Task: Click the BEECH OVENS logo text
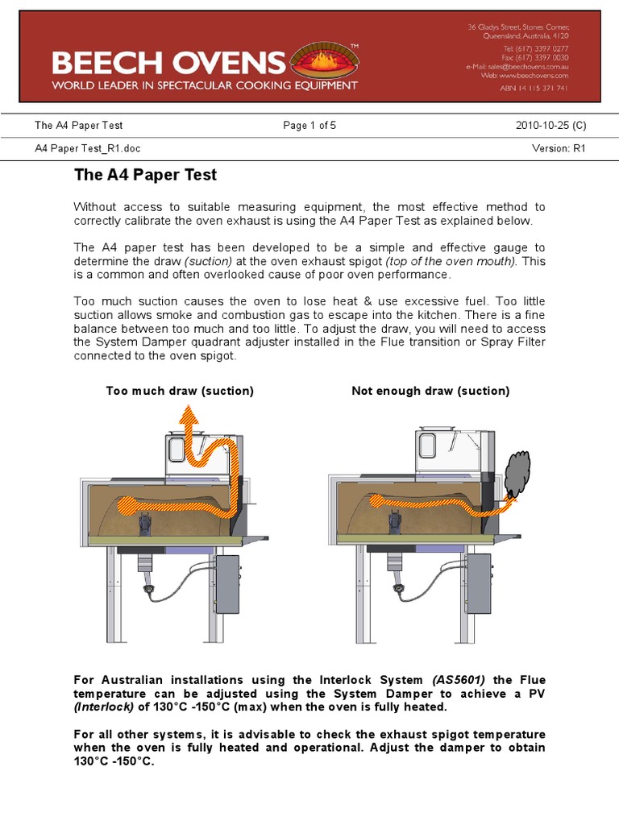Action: tap(168, 63)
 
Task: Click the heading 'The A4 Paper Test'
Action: tap(145, 174)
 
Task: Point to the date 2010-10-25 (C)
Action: tap(550, 126)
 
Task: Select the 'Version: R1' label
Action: tap(559, 149)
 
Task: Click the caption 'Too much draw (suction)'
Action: tap(180, 391)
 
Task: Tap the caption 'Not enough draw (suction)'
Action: tap(430, 391)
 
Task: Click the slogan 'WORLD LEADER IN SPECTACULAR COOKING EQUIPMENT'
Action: tap(205, 85)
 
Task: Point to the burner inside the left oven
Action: tap(145, 524)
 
